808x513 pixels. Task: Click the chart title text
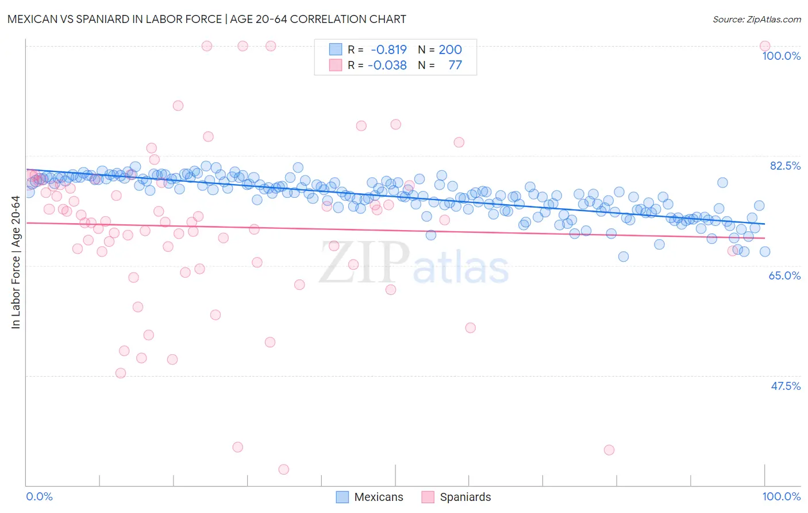206,19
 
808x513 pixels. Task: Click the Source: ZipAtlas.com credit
756,19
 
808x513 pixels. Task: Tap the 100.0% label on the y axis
781,56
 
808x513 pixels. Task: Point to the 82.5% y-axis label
785,166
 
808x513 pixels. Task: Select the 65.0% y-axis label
784,275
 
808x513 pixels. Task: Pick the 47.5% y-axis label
785,386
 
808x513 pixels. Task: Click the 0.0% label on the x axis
39,496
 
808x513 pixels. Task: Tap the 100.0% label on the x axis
781,496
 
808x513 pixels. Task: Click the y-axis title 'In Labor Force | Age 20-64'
16,262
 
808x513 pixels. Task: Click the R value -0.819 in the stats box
388,49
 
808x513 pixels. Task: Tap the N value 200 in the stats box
450,49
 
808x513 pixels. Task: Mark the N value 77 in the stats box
455,65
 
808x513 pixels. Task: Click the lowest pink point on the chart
283,469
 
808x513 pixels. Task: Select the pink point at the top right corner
764,46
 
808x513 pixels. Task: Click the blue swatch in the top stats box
336,49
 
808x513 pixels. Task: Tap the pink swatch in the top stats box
336,65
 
